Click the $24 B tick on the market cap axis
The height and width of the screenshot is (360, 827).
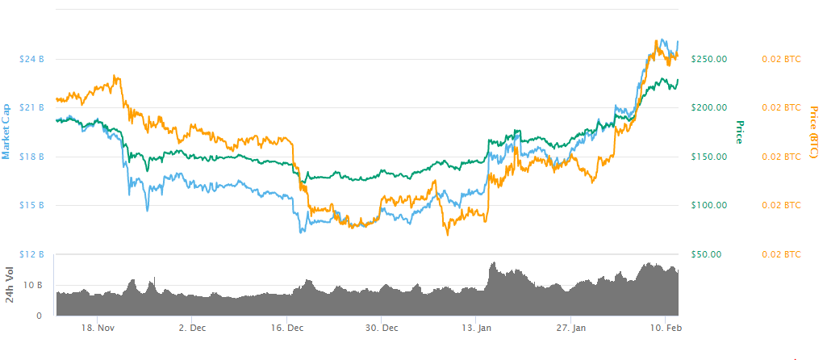(32, 59)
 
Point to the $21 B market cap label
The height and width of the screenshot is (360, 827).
(32, 107)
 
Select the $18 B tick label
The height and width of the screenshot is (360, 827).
(32, 157)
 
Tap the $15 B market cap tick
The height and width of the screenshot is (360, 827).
(32, 205)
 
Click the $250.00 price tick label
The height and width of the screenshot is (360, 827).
(709, 59)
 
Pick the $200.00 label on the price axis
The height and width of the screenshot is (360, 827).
(709, 107)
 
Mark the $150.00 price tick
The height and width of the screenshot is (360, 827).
(709, 157)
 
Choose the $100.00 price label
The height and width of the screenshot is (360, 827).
(709, 205)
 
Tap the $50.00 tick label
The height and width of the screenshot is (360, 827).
(707, 254)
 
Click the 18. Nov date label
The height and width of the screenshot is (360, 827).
(96, 329)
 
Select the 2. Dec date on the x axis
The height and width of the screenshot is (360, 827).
(192, 329)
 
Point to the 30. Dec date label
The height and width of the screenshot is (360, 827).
(382, 329)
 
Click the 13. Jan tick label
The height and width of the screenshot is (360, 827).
(476, 329)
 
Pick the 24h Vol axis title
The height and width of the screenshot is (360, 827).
(10, 284)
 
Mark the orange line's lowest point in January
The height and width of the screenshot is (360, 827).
(446, 235)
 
